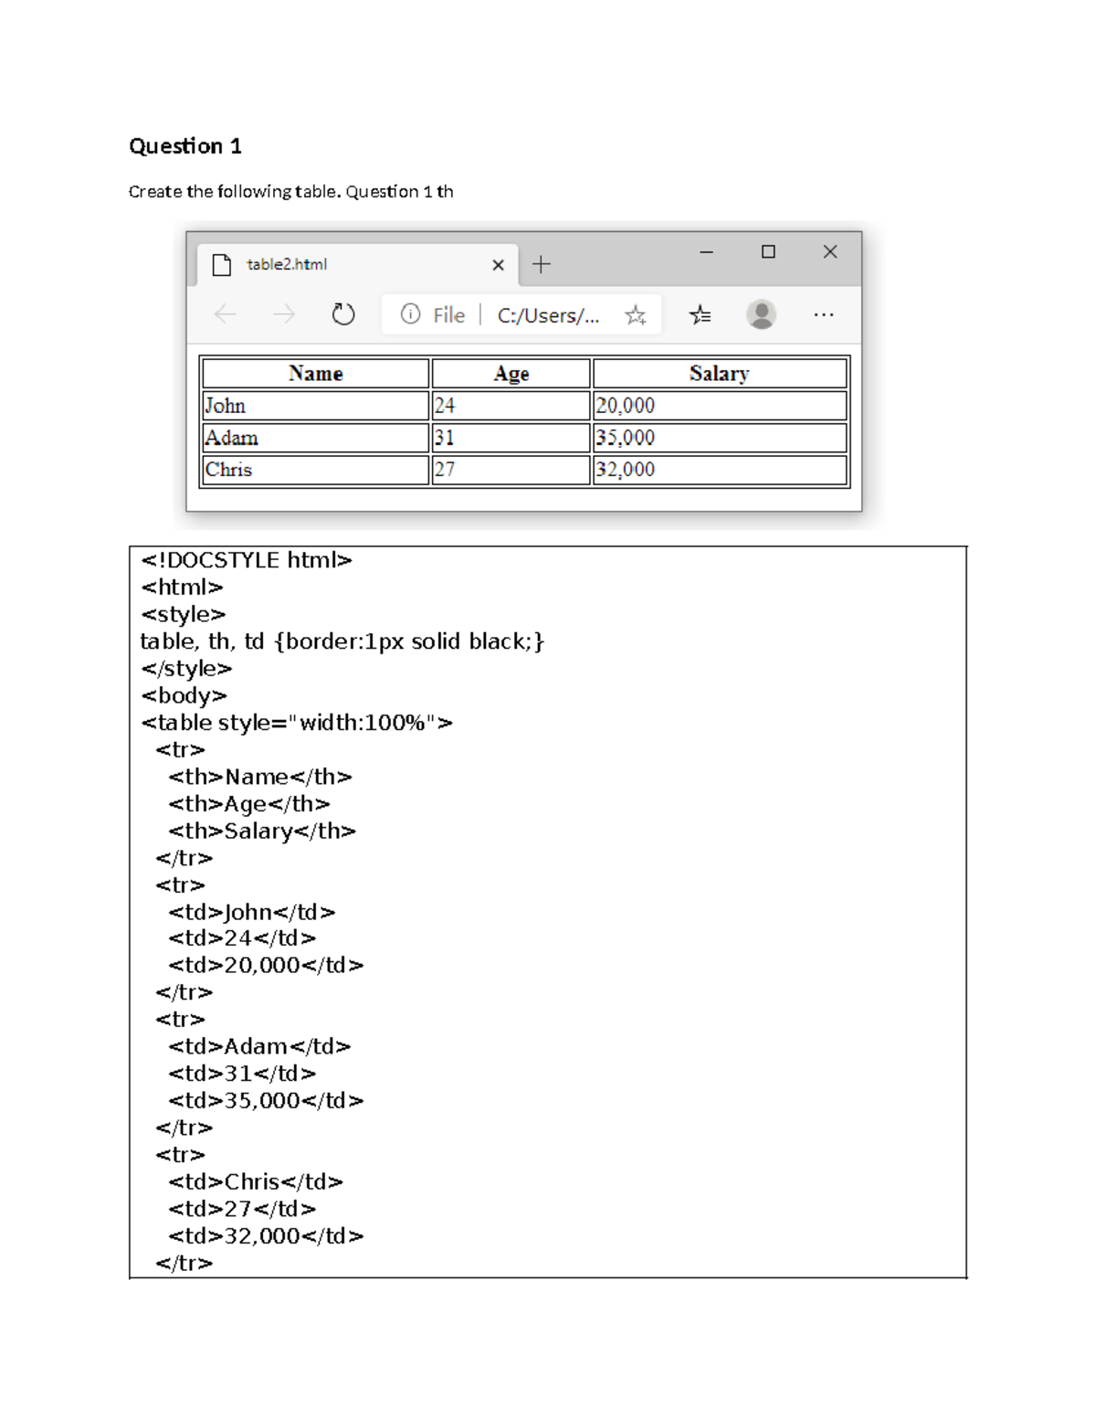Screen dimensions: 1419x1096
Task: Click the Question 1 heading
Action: pos(184,146)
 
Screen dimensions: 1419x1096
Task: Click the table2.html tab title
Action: pos(286,264)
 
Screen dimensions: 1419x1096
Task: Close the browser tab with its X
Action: pos(498,265)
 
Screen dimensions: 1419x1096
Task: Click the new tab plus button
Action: pos(542,265)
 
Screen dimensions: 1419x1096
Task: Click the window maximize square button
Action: pos(768,252)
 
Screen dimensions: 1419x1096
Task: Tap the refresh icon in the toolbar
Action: pos(342,315)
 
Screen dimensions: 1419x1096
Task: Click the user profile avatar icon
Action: pos(761,314)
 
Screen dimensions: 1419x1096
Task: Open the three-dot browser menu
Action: pos(823,314)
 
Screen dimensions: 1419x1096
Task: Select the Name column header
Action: pos(315,373)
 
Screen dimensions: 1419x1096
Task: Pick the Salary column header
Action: pos(719,373)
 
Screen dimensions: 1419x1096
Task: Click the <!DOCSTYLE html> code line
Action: pos(246,560)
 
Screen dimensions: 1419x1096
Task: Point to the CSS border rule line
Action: pos(342,641)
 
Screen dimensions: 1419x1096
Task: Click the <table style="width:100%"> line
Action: pos(296,723)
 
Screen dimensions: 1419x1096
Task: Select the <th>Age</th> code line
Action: pos(248,804)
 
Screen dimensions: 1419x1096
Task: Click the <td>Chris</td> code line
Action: pos(255,1181)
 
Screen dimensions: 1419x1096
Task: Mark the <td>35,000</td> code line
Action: pos(265,1100)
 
